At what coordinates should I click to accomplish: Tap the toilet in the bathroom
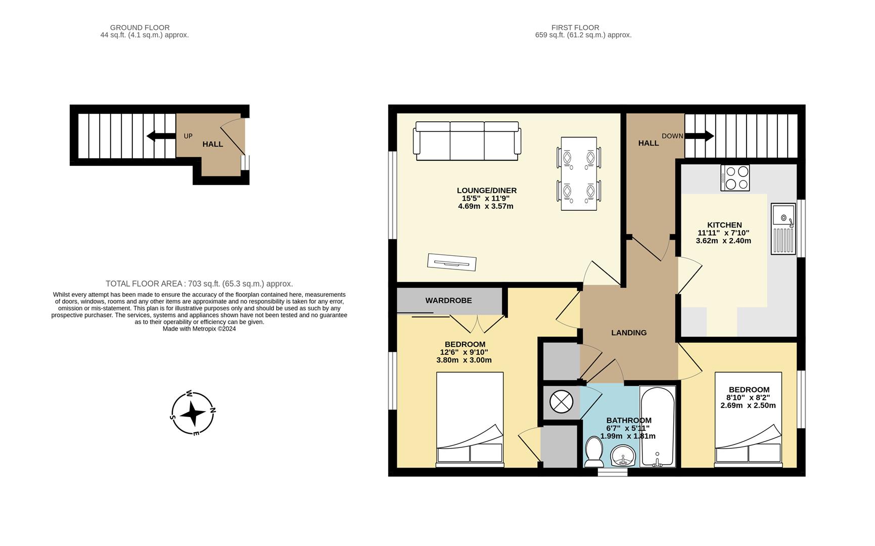593,452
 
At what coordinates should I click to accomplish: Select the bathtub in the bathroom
657,426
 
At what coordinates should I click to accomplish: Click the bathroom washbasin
623,456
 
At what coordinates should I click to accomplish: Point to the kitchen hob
735,178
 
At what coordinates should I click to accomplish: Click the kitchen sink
783,229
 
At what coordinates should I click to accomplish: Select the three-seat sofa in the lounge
467,141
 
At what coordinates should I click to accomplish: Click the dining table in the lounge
579,173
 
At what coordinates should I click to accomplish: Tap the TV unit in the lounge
451,262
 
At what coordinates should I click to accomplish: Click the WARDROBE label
448,300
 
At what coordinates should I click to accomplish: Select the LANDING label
629,333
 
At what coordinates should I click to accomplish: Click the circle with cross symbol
561,402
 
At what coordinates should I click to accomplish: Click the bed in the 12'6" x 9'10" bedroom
470,420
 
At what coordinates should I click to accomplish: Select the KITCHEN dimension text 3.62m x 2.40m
723,241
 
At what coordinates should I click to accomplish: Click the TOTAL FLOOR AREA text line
199,284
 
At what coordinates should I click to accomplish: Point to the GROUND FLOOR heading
140,27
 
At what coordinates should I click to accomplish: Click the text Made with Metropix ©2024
199,329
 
